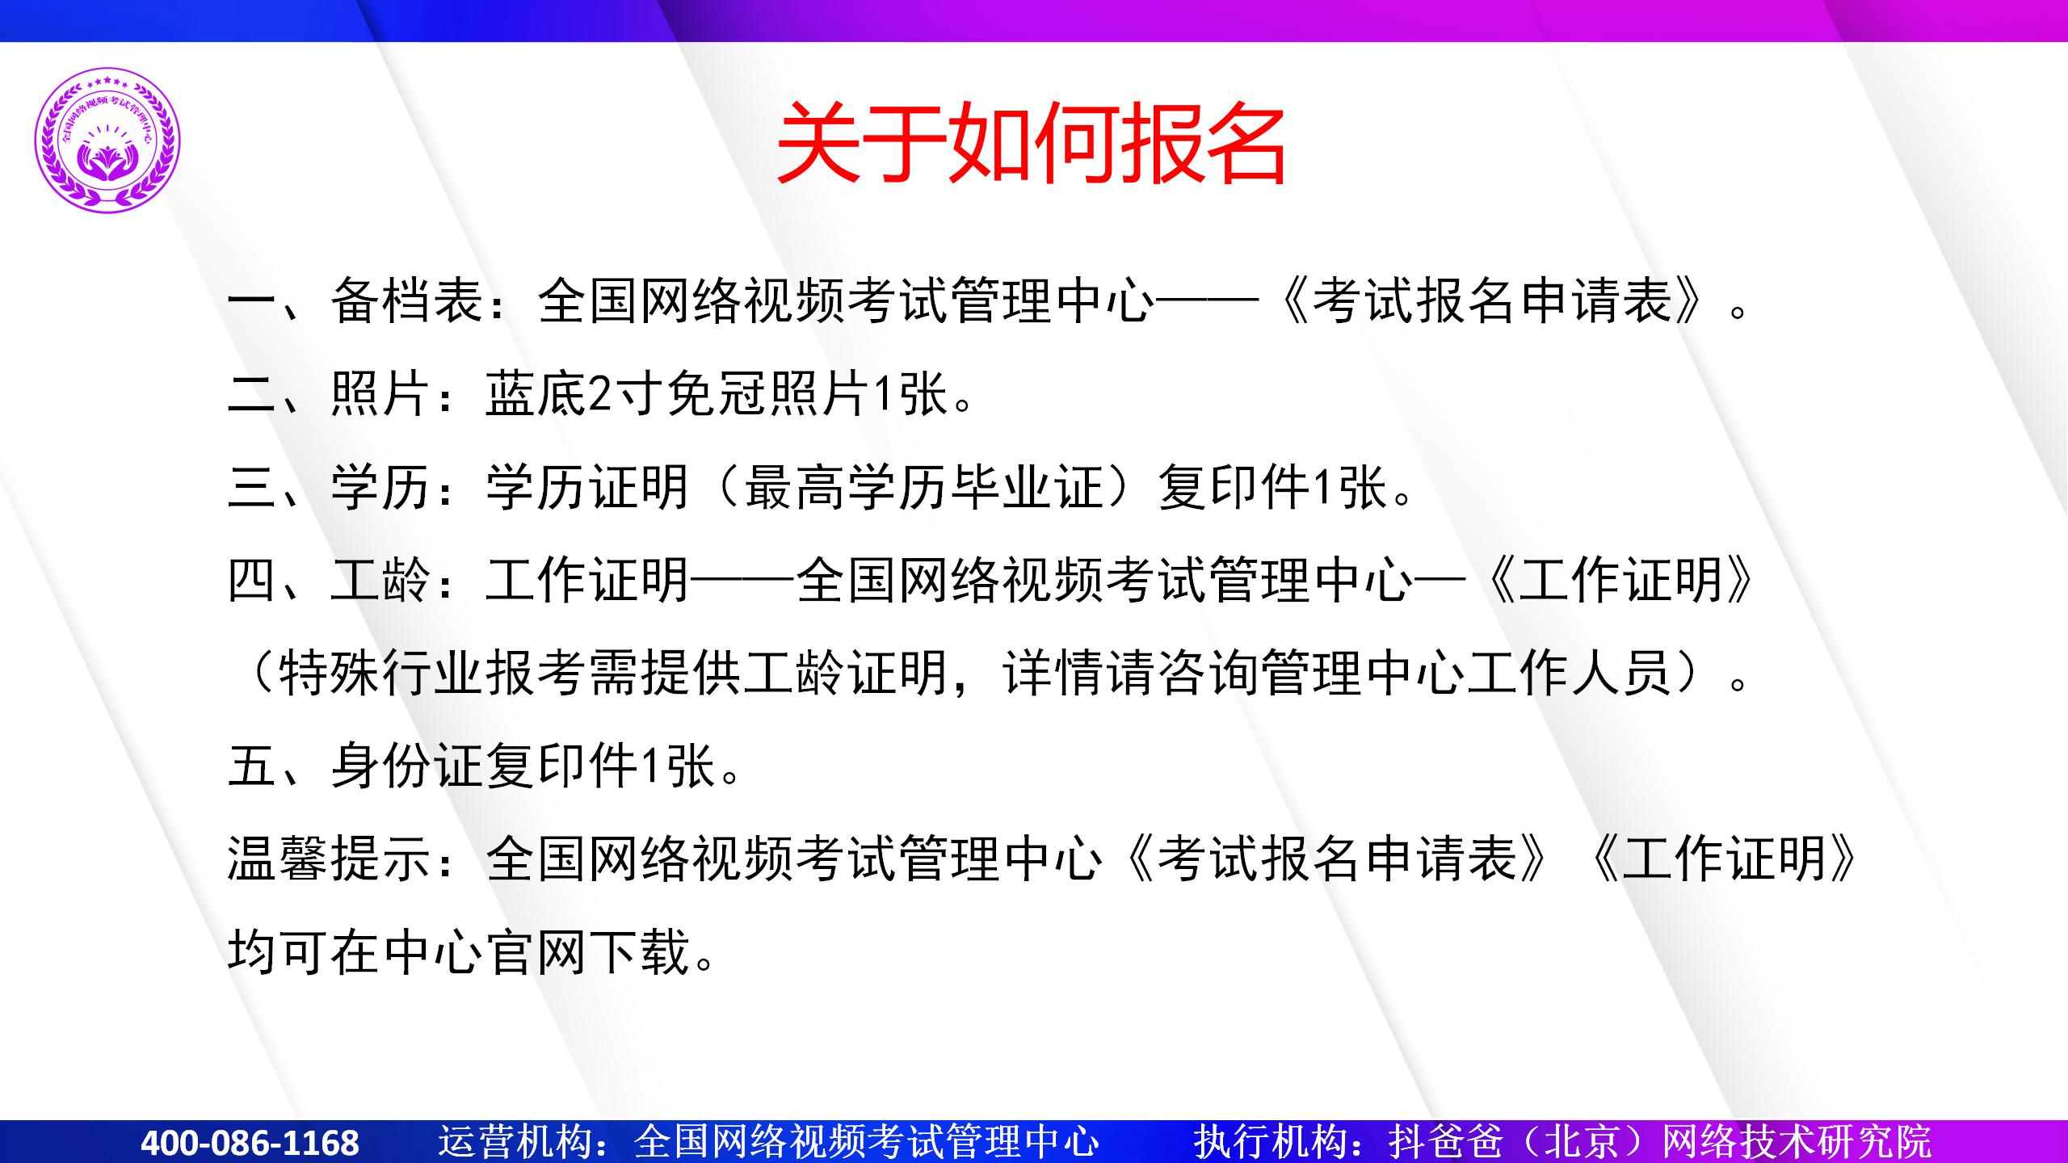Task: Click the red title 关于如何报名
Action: coord(1031,143)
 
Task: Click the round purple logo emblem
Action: coord(107,140)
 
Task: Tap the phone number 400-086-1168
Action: coord(250,1143)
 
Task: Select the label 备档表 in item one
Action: coord(407,300)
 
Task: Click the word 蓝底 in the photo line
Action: coord(536,394)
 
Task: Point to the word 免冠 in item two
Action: coord(717,394)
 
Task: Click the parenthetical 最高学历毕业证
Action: coord(923,487)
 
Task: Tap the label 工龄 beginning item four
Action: coord(381,580)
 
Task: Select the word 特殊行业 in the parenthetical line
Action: coord(381,673)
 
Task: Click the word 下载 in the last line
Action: coord(639,951)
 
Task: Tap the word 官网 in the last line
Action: coord(536,951)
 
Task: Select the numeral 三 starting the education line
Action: coord(253,487)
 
